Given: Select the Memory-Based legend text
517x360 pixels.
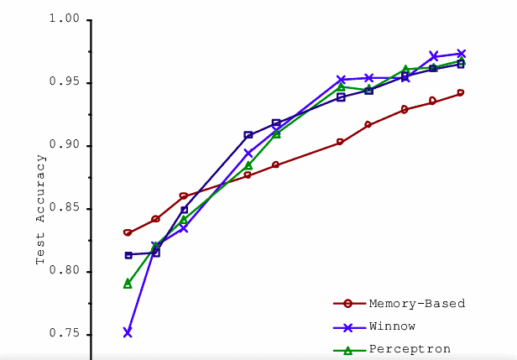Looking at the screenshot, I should (x=416, y=303).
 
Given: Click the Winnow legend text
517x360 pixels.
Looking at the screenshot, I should (x=391, y=326).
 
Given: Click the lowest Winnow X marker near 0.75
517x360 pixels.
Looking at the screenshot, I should (x=128, y=332).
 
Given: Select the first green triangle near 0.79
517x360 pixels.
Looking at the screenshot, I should (x=128, y=284).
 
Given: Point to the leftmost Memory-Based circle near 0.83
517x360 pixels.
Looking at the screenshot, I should (x=128, y=232).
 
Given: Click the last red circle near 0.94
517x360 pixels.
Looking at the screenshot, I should (x=461, y=93).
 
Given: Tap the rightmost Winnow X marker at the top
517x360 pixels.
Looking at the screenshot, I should (x=462, y=54).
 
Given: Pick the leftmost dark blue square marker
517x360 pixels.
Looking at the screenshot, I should (x=128, y=255).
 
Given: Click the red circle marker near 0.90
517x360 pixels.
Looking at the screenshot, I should (x=340, y=142).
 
